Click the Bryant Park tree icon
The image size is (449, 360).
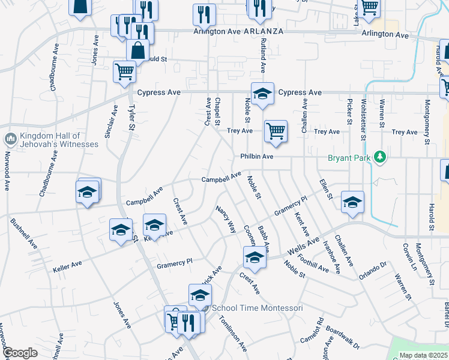[x=379, y=157]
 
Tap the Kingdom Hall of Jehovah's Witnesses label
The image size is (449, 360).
[x=58, y=140]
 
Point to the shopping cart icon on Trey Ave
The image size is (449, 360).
[x=276, y=130]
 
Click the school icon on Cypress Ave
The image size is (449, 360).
[x=262, y=94]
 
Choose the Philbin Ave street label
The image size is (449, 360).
[x=258, y=157]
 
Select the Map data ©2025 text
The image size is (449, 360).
[x=423, y=355]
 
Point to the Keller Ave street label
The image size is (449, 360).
[x=67, y=265]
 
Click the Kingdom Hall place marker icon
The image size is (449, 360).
[x=10, y=139]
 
